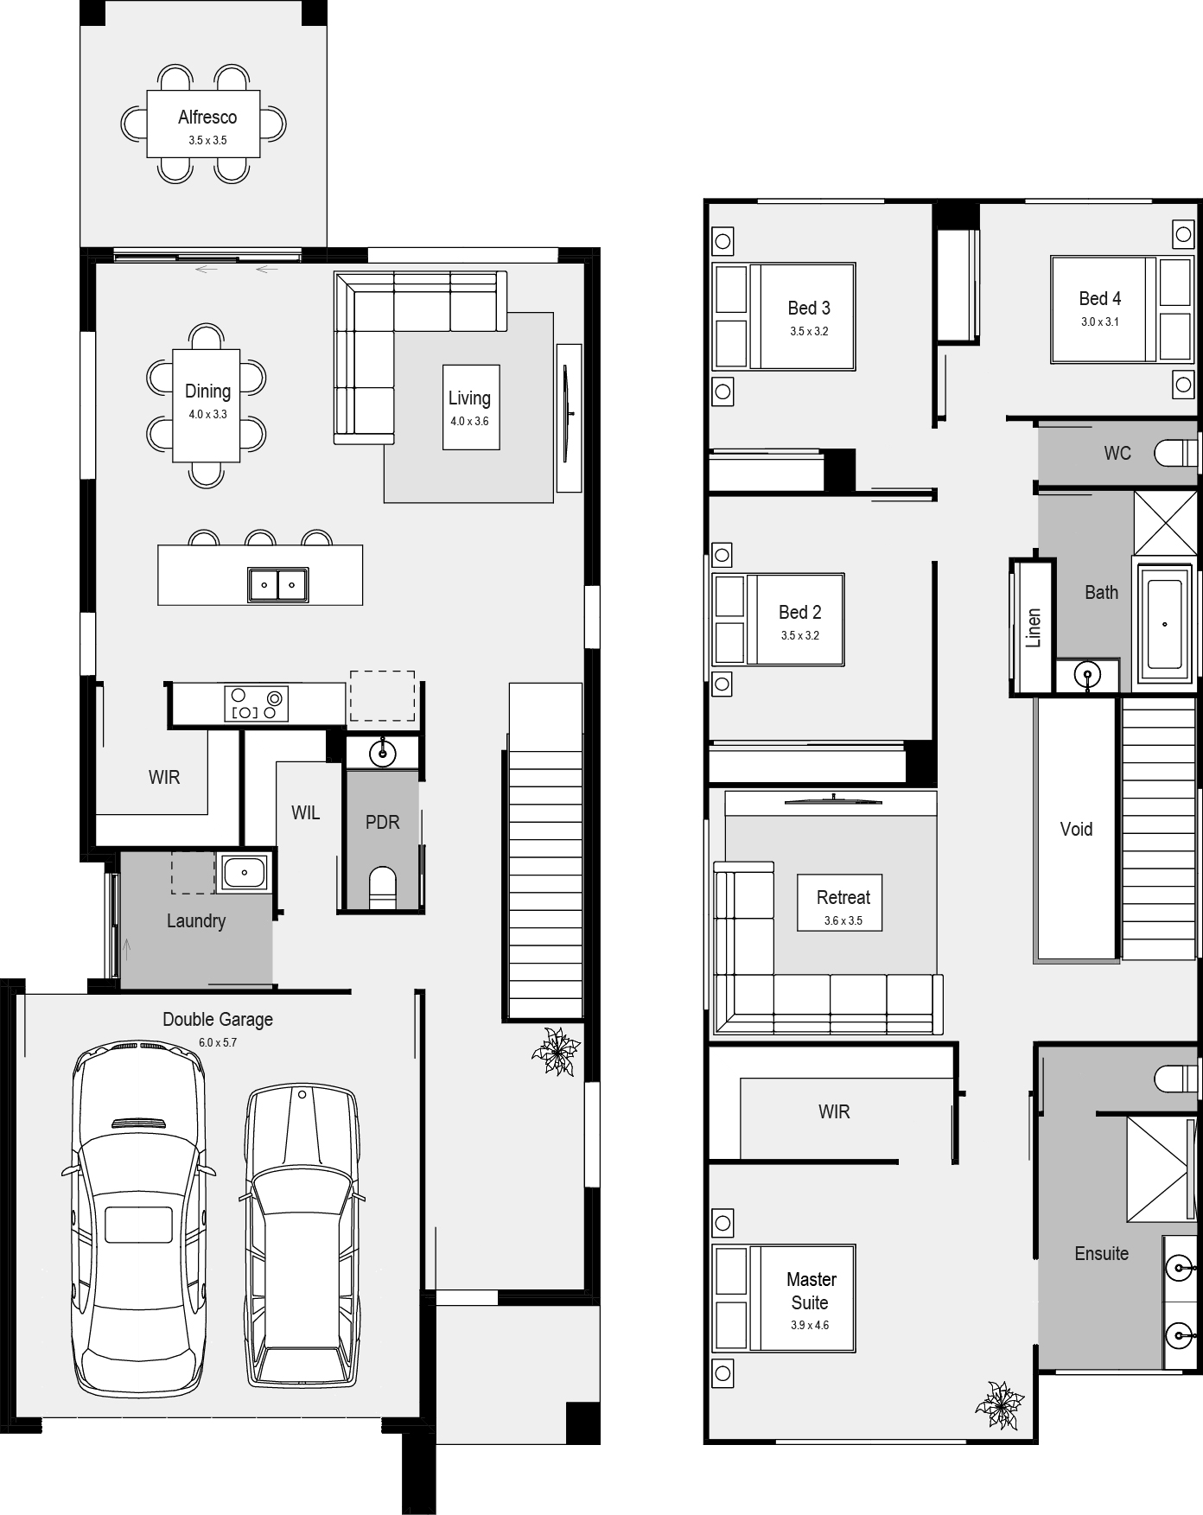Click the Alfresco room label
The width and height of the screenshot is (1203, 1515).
[x=207, y=117]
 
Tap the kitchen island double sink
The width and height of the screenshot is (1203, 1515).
[x=278, y=585]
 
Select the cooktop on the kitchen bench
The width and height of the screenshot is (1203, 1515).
[x=256, y=703]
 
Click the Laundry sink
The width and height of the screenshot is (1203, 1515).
[x=244, y=872]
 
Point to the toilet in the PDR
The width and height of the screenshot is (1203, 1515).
[x=382, y=889]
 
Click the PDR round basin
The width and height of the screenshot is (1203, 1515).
[x=382, y=753]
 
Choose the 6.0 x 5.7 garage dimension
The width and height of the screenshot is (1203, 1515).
[x=218, y=1042]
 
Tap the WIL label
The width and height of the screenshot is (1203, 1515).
[x=305, y=812]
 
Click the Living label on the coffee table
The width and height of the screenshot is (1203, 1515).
[x=469, y=398]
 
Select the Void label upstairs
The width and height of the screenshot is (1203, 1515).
[x=1076, y=829]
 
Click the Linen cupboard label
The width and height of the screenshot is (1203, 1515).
[x=1034, y=627]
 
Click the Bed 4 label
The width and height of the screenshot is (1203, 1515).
[x=1099, y=298]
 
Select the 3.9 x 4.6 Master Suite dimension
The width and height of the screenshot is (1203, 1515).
[x=809, y=1325]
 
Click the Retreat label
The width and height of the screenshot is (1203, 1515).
[x=843, y=897]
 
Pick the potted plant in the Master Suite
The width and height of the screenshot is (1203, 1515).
[x=1000, y=1405]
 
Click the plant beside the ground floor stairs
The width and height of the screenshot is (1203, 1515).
[x=556, y=1051]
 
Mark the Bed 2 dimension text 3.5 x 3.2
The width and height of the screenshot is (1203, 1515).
[x=799, y=635]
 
